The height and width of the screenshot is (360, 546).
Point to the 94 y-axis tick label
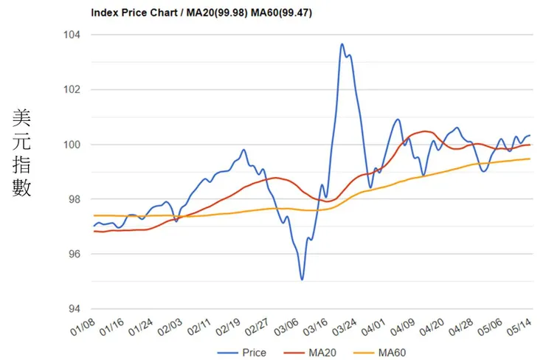coord(75,309)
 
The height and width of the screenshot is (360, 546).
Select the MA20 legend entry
coord(317,353)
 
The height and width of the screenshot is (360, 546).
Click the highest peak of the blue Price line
coord(342,44)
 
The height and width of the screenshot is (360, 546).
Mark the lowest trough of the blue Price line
coord(302,279)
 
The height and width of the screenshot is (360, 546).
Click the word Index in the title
coord(103,13)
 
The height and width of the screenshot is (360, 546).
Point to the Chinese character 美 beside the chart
coord(21,118)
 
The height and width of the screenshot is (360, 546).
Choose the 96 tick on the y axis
coord(75,255)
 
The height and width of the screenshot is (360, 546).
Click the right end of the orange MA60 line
coord(530,159)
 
